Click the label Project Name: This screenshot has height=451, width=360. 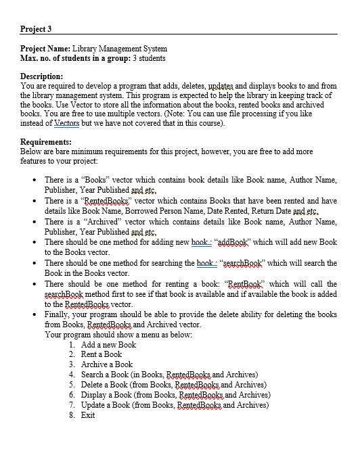[x=45, y=49]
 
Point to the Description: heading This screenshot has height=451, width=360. [x=42, y=76]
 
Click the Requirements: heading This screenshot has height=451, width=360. [x=46, y=142]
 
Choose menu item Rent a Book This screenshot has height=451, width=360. [x=102, y=354]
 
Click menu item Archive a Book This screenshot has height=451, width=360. [x=106, y=364]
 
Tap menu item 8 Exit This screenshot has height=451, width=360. [x=88, y=414]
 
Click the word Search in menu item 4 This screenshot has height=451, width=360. [x=92, y=375]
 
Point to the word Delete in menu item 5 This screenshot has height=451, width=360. [x=92, y=385]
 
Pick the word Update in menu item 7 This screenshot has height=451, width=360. [x=93, y=404]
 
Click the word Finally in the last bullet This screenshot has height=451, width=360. [x=58, y=314]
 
